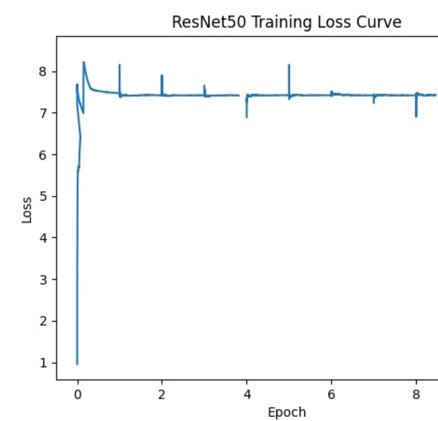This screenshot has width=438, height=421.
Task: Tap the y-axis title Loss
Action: pos(27,210)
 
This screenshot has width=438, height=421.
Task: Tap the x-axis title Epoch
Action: pos(287,412)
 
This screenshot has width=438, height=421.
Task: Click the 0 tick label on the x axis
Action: pos(77,395)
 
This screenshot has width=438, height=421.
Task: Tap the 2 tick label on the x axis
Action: pos(162,395)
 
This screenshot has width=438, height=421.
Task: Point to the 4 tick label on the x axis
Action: pos(247,395)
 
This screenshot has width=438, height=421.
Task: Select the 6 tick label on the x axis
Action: pos(331,395)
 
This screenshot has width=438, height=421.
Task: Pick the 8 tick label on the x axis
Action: pos(416,395)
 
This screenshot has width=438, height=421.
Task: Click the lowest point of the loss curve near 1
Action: pos(77,364)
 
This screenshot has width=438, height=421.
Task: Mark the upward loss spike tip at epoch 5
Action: pos(289,65)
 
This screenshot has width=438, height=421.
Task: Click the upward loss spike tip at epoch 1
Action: pos(119,65)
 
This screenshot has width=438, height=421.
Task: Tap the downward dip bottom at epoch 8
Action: pos(416,117)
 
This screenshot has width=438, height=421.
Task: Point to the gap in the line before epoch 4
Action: pos(243,95)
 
